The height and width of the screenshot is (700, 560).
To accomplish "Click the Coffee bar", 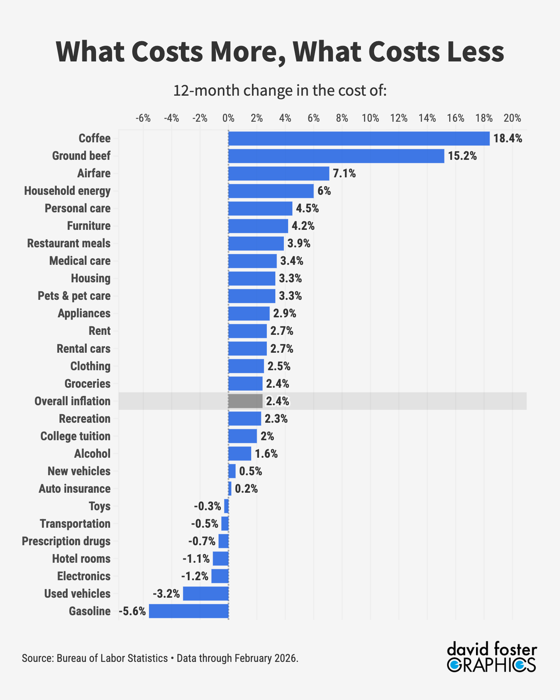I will tap(359, 138).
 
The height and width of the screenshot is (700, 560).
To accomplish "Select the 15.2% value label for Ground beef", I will tap(462, 156).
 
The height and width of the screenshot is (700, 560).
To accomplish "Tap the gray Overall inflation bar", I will tap(245, 401).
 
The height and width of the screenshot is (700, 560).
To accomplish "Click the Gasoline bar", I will tap(189, 611).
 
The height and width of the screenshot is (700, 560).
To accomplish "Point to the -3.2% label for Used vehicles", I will tap(166, 594).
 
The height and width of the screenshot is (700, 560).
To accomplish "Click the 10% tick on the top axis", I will tap(370, 118).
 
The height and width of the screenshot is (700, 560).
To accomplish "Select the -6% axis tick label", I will tap(143, 118).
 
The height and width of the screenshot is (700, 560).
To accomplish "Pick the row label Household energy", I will tap(67, 191).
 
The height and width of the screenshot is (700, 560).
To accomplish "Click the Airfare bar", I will tap(278, 173).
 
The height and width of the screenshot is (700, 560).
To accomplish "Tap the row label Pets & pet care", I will tap(74, 296).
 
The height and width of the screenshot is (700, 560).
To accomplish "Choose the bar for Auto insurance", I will tap(230, 488).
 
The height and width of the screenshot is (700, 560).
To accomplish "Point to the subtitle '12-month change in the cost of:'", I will tap(280, 90).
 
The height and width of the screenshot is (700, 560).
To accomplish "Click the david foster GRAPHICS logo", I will tap(492, 657).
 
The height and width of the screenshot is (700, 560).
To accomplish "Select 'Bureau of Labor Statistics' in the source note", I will tap(112, 658).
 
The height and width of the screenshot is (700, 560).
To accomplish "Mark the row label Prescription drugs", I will tap(66, 541).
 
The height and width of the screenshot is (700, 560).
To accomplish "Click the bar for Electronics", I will tap(220, 576).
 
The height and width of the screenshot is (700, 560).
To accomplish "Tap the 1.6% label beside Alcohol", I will tap(266, 454).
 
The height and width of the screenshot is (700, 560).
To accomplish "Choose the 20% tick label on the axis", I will tap(512, 118).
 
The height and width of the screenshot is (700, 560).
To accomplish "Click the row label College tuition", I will tap(75, 436).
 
